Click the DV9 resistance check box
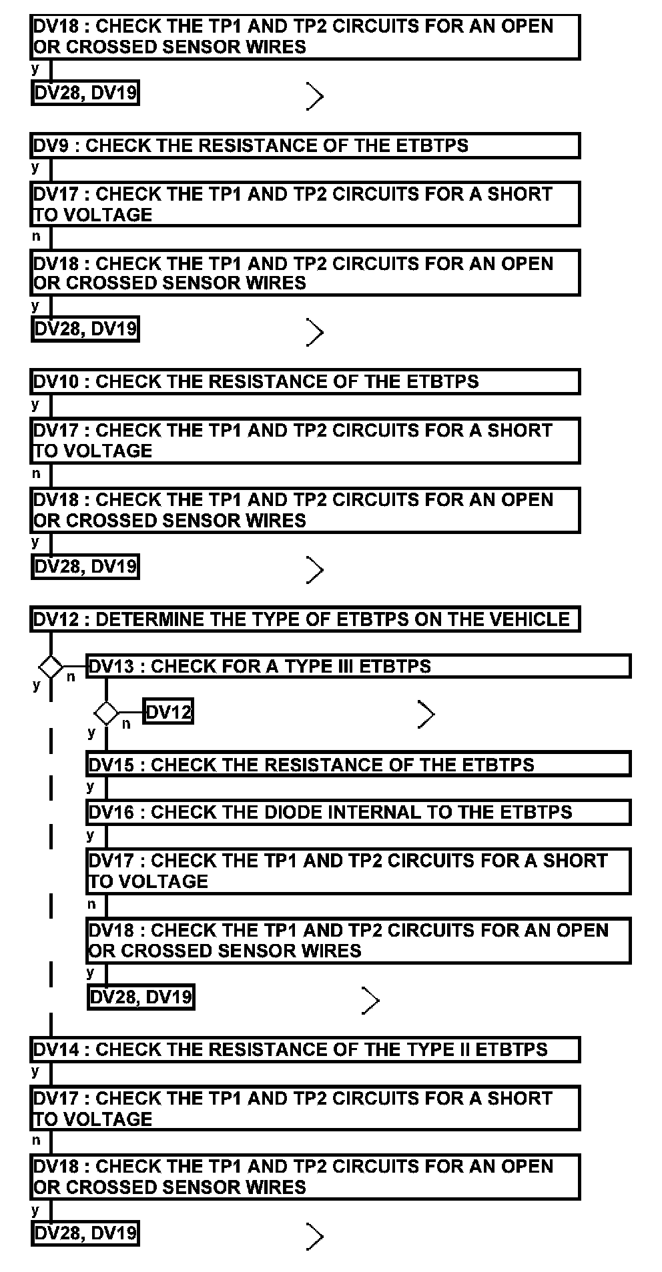pyautogui.click(x=305, y=145)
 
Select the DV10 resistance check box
pyautogui.click(x=305, y=381)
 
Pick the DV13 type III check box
pyautogui.click(x=358, y=666)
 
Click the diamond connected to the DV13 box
pyautogui.click(x=51, y=666)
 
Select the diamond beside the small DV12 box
pyautogui.click(x=106, y=713)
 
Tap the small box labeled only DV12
pyautogui.click(x=168, y=713)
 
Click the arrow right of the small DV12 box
pyautogui.click(x=426, y=714)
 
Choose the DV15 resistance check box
pyautogui.click(x=358, y=764)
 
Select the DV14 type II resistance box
pyautogui.click(x=305, y=1049)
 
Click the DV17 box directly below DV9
pyautogui.click(x=305, y=204)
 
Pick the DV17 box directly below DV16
pyautogui.click(x=358, y=871)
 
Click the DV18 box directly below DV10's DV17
pyautogui.click(x=305, y=510)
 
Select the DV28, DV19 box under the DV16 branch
pyautogui.click(x=141, y=997)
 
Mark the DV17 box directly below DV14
pyautogui.click(x=305, y=1108)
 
